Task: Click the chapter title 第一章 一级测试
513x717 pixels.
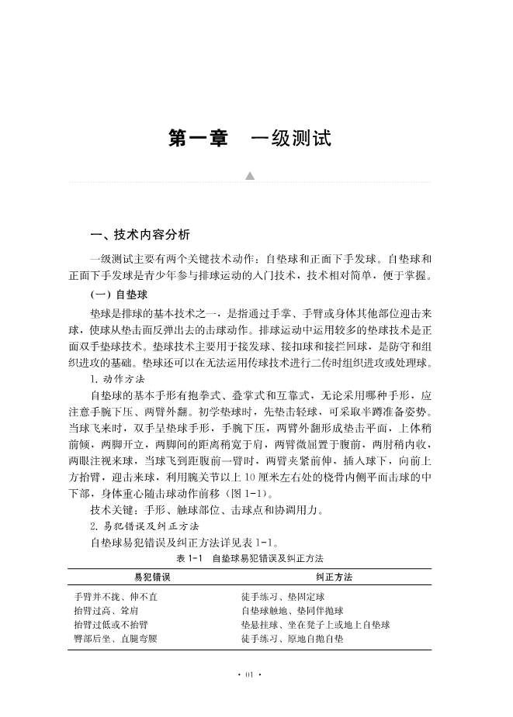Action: click(250, 139)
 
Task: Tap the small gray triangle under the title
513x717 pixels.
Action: click(250, 177)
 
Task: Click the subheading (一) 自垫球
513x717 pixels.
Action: click(120, 295)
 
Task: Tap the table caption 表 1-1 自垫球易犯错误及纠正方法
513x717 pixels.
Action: click(249, 558)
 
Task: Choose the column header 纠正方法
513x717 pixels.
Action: click(334, 578)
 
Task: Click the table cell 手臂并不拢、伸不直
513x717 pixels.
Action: click(116, 597)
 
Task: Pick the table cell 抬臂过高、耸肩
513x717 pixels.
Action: click(106, 611)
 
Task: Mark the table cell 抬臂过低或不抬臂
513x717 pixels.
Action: click(111, 625)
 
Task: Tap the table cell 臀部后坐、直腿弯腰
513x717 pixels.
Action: click(116, 639)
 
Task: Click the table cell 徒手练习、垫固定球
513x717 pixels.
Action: click(282, 597)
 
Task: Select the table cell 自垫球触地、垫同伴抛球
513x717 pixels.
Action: click(292, 611)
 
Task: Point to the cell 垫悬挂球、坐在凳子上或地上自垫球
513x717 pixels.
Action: click(315, 625)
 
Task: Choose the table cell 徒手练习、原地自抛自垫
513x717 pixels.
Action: click(292, 639)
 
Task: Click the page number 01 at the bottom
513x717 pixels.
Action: click(249, 675)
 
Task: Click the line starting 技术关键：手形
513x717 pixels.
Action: click(206, 510)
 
